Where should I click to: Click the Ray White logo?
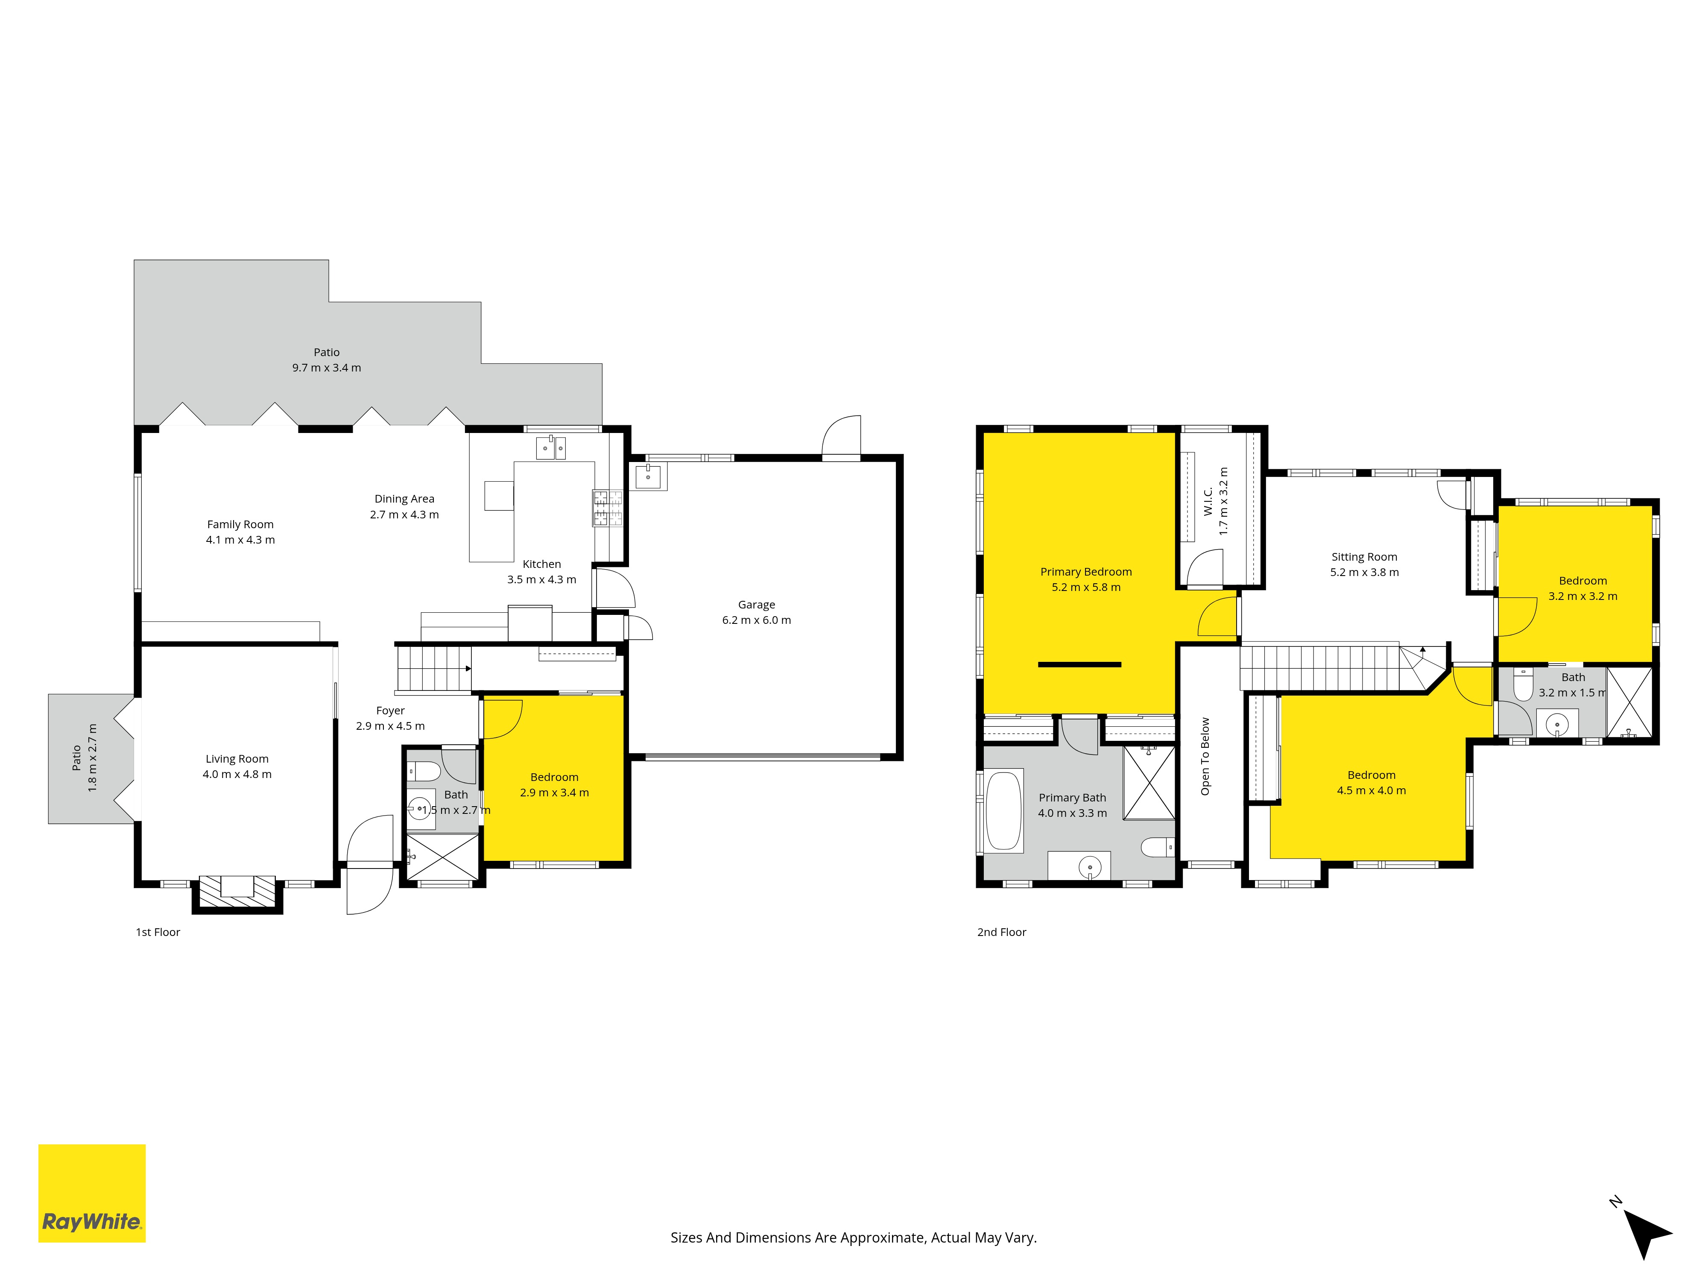(x=92, y=1193)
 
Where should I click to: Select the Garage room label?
(x=757, y=605)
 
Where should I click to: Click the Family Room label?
(x=240, y=524)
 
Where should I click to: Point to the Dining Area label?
(x=405, y=499)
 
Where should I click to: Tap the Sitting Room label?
(x=1364, y=557)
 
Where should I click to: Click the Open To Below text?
(x=1205, y=757)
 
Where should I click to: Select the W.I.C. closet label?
(x=1208, y=501)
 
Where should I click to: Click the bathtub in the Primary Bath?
(x=1004, y=811)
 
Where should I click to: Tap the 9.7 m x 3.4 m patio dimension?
(x=327, y=368)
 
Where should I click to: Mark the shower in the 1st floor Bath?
(x=442, y=857)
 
